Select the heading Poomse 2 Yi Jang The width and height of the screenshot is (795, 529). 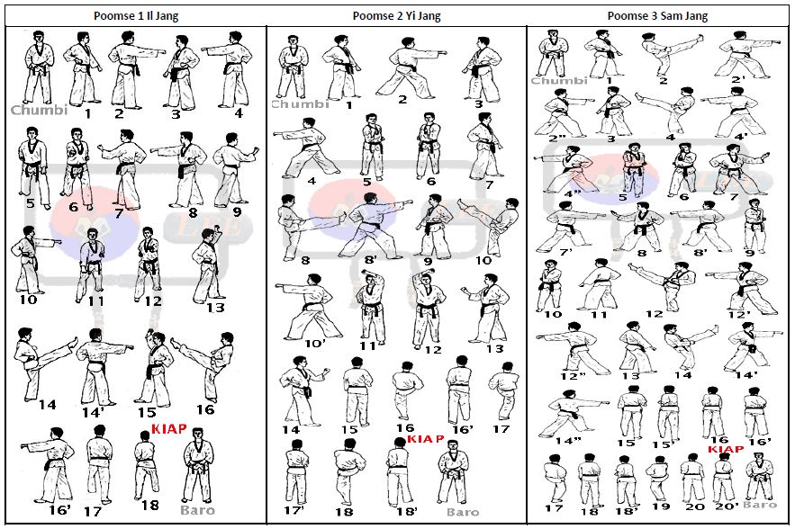coord(397,15)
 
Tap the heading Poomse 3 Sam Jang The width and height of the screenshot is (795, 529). coord(657,15)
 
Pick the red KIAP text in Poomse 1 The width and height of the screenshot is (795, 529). coord(169,429)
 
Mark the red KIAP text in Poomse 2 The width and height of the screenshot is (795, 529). coord(425,439)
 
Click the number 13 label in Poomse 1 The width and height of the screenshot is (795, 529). coord(215,308)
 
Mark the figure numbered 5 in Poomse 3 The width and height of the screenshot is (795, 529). coord(635,167)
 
